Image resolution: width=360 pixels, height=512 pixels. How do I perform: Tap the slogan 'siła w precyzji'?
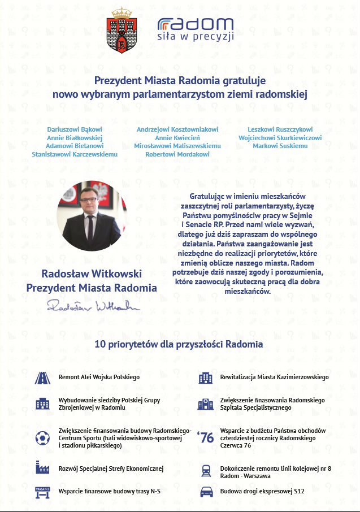(195, 36)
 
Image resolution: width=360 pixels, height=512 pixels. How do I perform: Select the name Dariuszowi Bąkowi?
(74, 129)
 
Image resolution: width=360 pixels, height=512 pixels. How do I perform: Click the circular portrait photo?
(92, 216)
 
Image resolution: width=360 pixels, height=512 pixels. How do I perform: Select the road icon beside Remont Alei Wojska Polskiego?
(42, 378)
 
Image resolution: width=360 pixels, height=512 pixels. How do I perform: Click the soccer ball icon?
(42, 438)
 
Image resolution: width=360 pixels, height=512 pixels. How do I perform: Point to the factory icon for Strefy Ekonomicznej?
(42, 468)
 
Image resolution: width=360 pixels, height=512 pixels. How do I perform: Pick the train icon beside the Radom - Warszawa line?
(206, 472)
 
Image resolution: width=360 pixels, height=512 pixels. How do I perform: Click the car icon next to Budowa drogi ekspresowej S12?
(206, 492)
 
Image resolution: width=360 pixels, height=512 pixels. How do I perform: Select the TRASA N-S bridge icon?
(42, 492)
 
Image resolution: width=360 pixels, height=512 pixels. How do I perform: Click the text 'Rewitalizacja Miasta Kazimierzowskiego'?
(274, 377)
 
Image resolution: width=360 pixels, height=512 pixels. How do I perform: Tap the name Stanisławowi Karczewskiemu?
(74, 154)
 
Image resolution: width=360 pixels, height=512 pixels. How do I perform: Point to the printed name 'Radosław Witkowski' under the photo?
(92, 274)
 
